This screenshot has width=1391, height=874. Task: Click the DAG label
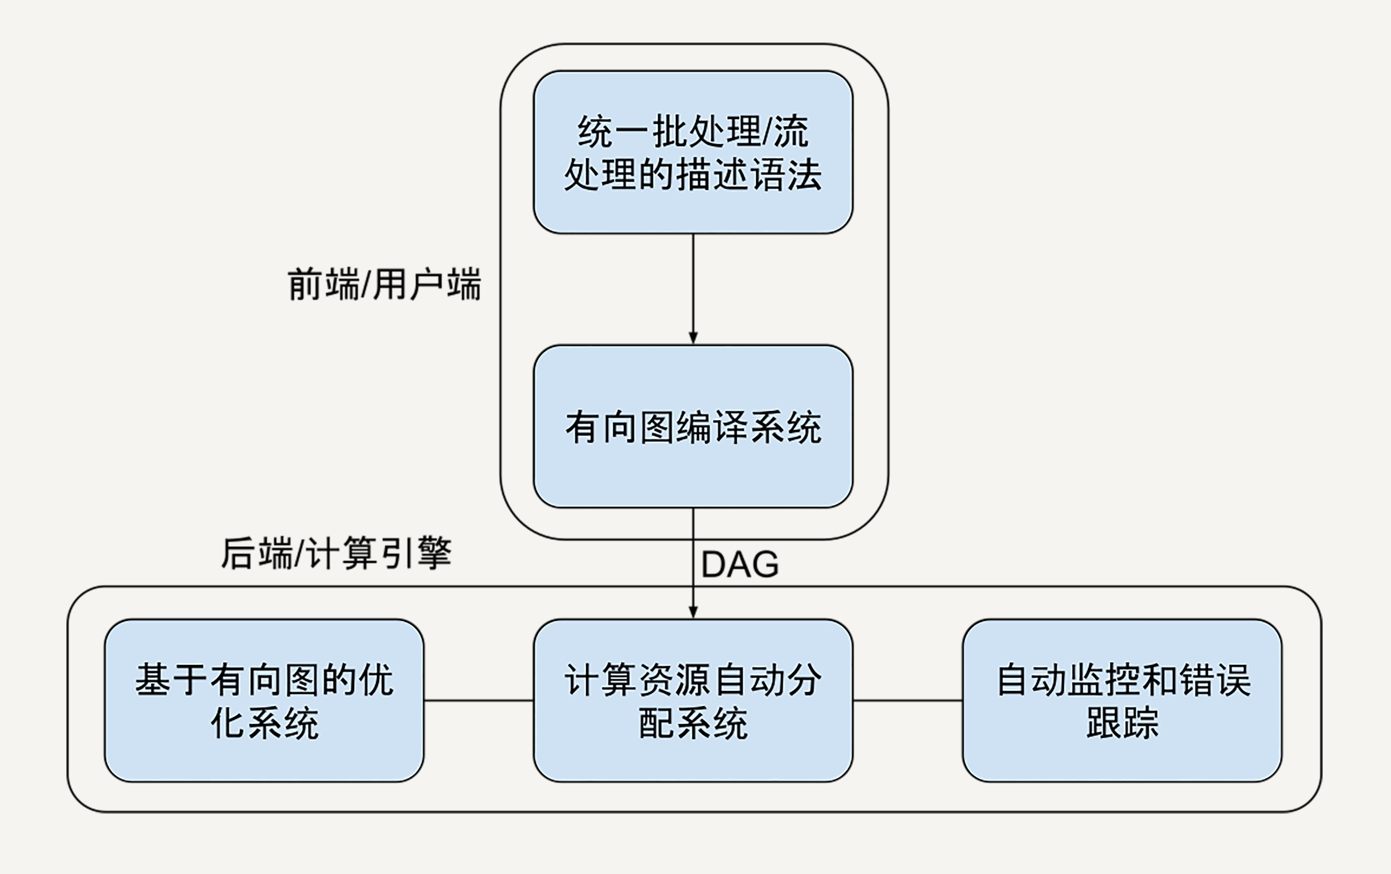[739, 564]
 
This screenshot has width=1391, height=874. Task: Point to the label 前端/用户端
[384, 284]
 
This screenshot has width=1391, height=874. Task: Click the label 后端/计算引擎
[336, 553]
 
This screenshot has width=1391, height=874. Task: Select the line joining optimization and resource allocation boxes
[478, 701]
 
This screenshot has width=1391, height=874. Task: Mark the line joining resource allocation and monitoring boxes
[908, 701]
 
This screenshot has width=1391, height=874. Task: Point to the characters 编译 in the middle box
[711, 428]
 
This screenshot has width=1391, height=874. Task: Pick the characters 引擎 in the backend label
[416, 553]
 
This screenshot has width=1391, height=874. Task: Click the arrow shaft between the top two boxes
[693, 283]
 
